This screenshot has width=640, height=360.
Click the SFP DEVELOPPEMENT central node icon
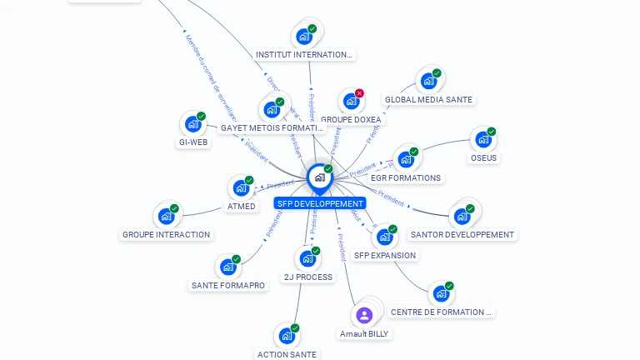(319, 177)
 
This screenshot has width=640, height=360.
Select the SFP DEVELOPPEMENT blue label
(319, 203)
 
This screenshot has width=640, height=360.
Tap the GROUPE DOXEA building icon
(351, 102)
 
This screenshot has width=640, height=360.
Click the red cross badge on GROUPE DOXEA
(359, 93)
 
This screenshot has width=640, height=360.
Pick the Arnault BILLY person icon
(363, 315)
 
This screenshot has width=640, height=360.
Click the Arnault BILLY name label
(364, 333)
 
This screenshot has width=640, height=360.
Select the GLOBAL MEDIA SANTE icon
(428, 81)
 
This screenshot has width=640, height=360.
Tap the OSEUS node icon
(482, 140)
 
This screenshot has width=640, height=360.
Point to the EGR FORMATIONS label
(406, 177)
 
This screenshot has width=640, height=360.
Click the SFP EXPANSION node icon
(384, 237)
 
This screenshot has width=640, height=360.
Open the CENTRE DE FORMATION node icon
(440, 294)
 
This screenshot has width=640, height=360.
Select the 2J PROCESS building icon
(307, 258)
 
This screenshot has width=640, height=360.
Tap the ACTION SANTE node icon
(287, 336)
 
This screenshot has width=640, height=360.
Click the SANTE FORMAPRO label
(228, 285)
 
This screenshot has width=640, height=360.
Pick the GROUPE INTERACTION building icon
(166, 217)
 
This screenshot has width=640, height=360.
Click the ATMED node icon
(241, 187)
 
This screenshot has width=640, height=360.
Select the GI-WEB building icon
(192, 124)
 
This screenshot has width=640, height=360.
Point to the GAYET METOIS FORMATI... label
(272, 128)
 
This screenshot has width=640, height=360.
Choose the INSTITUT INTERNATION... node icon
(304, 37)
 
